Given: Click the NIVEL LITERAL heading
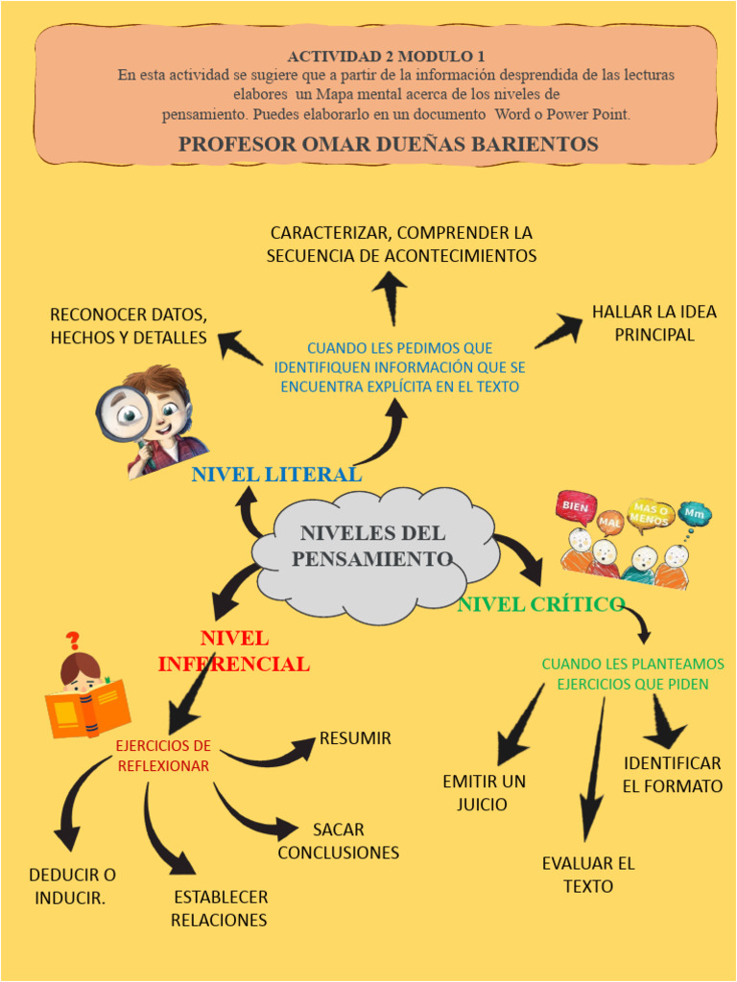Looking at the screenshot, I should coord(276,474).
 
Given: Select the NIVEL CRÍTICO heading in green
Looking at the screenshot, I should coord(541,604).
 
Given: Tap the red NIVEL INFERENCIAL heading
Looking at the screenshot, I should coord(233,651).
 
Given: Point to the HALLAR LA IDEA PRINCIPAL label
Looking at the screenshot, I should coord(654,323).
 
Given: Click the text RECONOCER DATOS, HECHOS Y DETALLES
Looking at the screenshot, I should coord(129,326).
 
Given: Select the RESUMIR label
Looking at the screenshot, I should coord(355,738).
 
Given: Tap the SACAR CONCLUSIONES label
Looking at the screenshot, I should coord(338,841).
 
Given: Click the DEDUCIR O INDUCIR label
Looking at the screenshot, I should coord(72,886).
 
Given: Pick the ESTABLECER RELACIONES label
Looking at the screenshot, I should coord(220,909).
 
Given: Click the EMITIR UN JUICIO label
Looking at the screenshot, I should coord(484,793).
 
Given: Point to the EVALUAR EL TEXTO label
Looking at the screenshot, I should coord(588,875).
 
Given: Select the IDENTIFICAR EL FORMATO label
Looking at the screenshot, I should coord(672,775).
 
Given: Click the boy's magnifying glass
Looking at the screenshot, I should coord(121,412).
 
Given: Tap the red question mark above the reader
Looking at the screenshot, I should coord(73,641).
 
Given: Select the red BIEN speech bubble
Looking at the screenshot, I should coord(576,506).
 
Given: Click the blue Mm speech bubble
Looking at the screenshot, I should coord(694,515).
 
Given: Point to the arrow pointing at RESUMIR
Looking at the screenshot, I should coord(269,754).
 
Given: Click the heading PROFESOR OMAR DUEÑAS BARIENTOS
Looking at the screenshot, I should coord(388,145).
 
